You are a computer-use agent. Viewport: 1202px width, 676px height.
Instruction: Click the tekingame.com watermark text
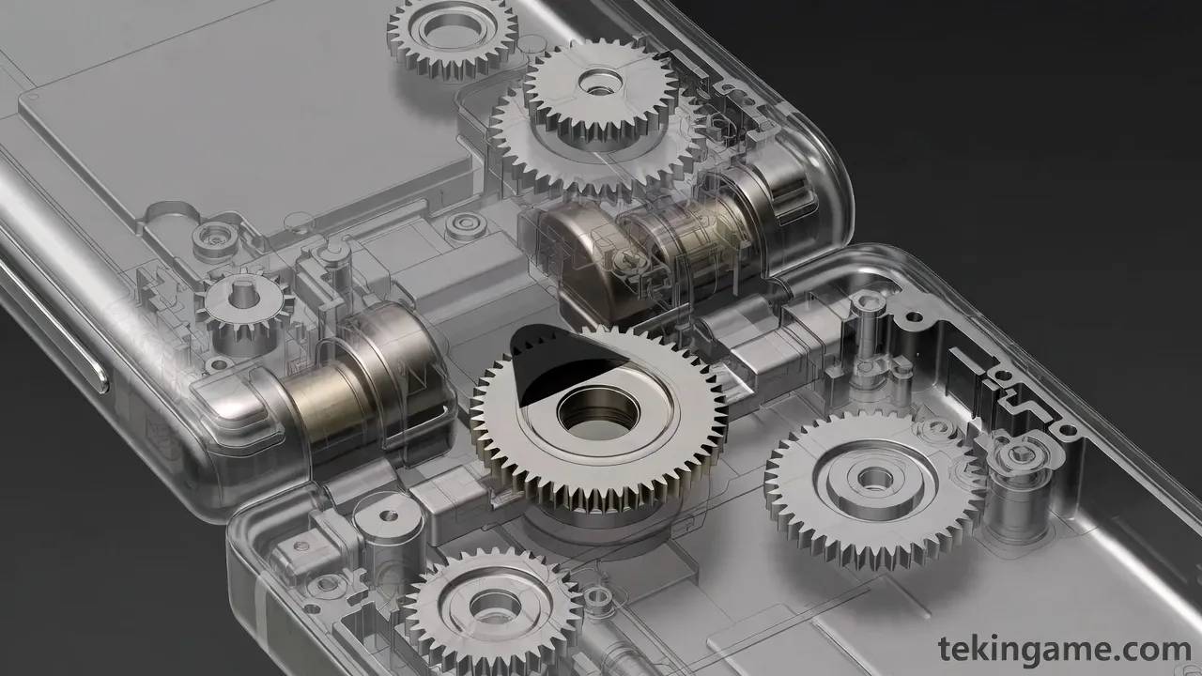(1065, 650)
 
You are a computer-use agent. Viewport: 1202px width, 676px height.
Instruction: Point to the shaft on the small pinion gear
(244, 294)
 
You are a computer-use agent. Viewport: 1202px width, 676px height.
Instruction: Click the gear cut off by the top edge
(453, 35)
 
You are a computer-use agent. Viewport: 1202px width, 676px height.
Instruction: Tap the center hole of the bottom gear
(495, 607)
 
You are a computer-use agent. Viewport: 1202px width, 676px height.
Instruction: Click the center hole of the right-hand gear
(875, 478)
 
